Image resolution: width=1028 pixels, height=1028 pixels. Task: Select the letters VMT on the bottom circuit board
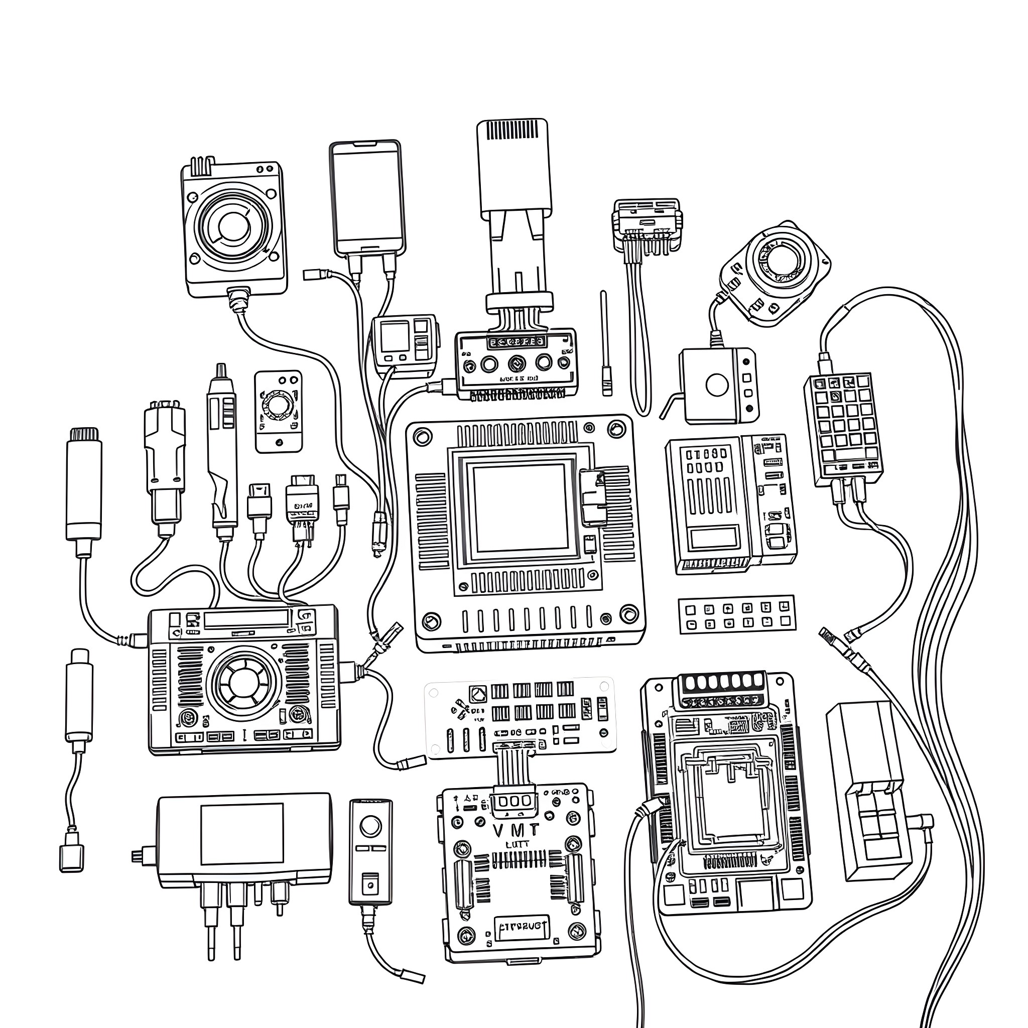515,830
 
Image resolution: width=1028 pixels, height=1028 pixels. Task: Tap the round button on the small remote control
370,827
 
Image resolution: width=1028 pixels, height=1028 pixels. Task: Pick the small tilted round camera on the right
774,272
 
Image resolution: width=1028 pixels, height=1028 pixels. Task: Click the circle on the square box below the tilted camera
716,384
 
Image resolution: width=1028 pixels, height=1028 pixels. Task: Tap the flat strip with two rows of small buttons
736,614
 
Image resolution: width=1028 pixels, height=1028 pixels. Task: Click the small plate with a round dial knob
278,411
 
